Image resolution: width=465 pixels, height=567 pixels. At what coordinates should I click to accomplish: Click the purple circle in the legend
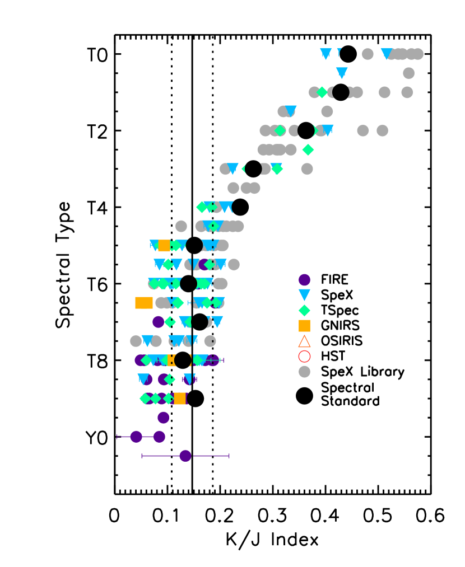(x=304, y=280)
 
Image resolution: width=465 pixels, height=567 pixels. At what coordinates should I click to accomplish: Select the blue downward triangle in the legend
(x=304, y=294)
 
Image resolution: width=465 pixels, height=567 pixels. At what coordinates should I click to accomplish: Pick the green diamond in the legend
(x=304, y=310)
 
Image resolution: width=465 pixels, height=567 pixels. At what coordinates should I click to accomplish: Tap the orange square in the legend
(x=304, y=326)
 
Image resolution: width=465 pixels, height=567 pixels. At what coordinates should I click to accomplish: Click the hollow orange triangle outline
(x=304, y=341)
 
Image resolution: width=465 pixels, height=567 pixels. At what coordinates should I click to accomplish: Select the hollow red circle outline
(x=304, y=357)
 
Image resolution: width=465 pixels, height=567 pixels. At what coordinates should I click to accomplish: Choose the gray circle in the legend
(x=304, y=372)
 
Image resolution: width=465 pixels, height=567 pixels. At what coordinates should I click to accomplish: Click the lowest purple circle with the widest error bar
(x=185, y=456)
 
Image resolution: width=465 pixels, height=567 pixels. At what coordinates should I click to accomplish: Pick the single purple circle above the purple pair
(x=163, y=418)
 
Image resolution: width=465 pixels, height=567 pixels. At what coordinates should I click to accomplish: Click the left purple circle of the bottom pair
(x=136, y=437)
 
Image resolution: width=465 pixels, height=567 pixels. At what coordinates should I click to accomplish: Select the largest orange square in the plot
(x=144, y=303)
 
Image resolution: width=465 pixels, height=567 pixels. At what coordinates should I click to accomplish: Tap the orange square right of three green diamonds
(x=180, y=399)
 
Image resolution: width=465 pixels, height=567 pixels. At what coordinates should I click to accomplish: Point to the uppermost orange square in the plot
(x=164, y=246)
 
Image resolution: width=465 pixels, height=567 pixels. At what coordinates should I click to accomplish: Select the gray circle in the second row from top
(x=408, y=73)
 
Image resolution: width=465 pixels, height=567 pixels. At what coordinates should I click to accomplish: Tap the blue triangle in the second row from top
(x=342, y=73)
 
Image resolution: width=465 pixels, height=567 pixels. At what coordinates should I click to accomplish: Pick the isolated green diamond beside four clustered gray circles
(x=308, y=150)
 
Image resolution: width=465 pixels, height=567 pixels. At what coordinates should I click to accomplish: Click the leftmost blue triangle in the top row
(x=326, y=54)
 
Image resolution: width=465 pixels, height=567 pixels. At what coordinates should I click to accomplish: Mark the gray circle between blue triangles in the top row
(x=368, y=54)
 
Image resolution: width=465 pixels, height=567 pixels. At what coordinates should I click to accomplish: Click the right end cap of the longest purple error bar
(x=229, y=456)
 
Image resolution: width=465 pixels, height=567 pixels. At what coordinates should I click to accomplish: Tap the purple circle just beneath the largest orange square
(x=158, y=322)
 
